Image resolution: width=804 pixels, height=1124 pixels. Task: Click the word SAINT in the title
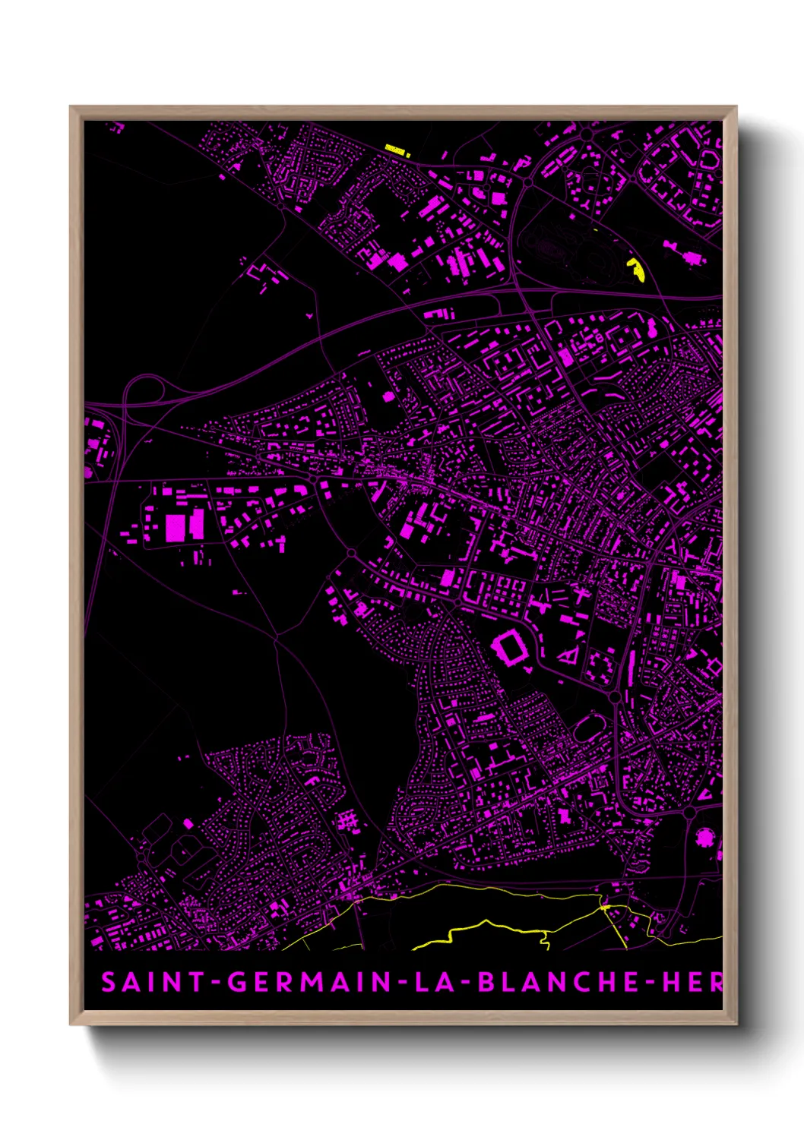[152, 982]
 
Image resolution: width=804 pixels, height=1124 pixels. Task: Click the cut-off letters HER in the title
[692, 982]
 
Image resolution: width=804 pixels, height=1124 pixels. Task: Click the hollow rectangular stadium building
[511, 649]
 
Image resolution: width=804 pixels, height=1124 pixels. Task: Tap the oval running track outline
[587, 728]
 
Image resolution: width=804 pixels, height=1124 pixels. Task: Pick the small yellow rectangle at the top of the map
[396, 150]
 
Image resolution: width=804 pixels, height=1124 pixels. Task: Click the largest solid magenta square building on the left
[176, 527]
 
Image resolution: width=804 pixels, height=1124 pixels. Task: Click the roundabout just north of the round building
[689, 813]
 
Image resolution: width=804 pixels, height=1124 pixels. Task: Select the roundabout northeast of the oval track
[615, 696]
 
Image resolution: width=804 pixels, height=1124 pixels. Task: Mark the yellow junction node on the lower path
[606, 907]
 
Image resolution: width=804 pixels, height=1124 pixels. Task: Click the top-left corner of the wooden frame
[71, 107]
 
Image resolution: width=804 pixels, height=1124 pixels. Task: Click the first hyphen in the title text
[217, 983]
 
